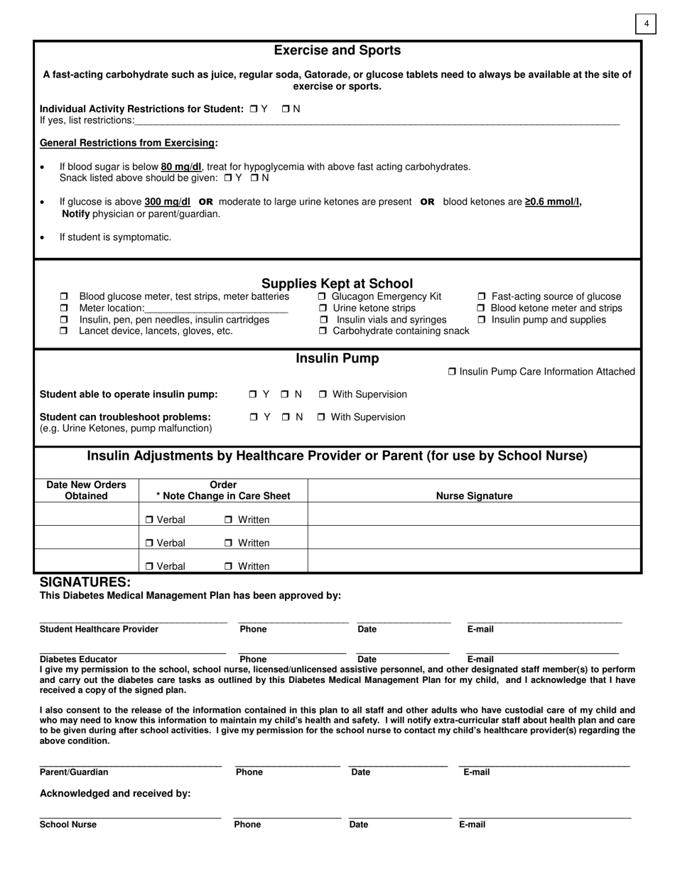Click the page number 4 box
646,24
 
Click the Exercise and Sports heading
337,50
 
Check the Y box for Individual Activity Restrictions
254,109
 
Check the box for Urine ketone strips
323,308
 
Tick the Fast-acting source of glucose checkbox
482,296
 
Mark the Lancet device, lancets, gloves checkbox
64,331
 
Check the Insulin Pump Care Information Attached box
453,372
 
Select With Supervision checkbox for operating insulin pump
322,394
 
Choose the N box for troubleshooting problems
285,417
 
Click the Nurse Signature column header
474,496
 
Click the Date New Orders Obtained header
86,490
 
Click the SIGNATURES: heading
85,582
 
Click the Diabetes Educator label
78,659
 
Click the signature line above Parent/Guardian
131,765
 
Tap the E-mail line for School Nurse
545,817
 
